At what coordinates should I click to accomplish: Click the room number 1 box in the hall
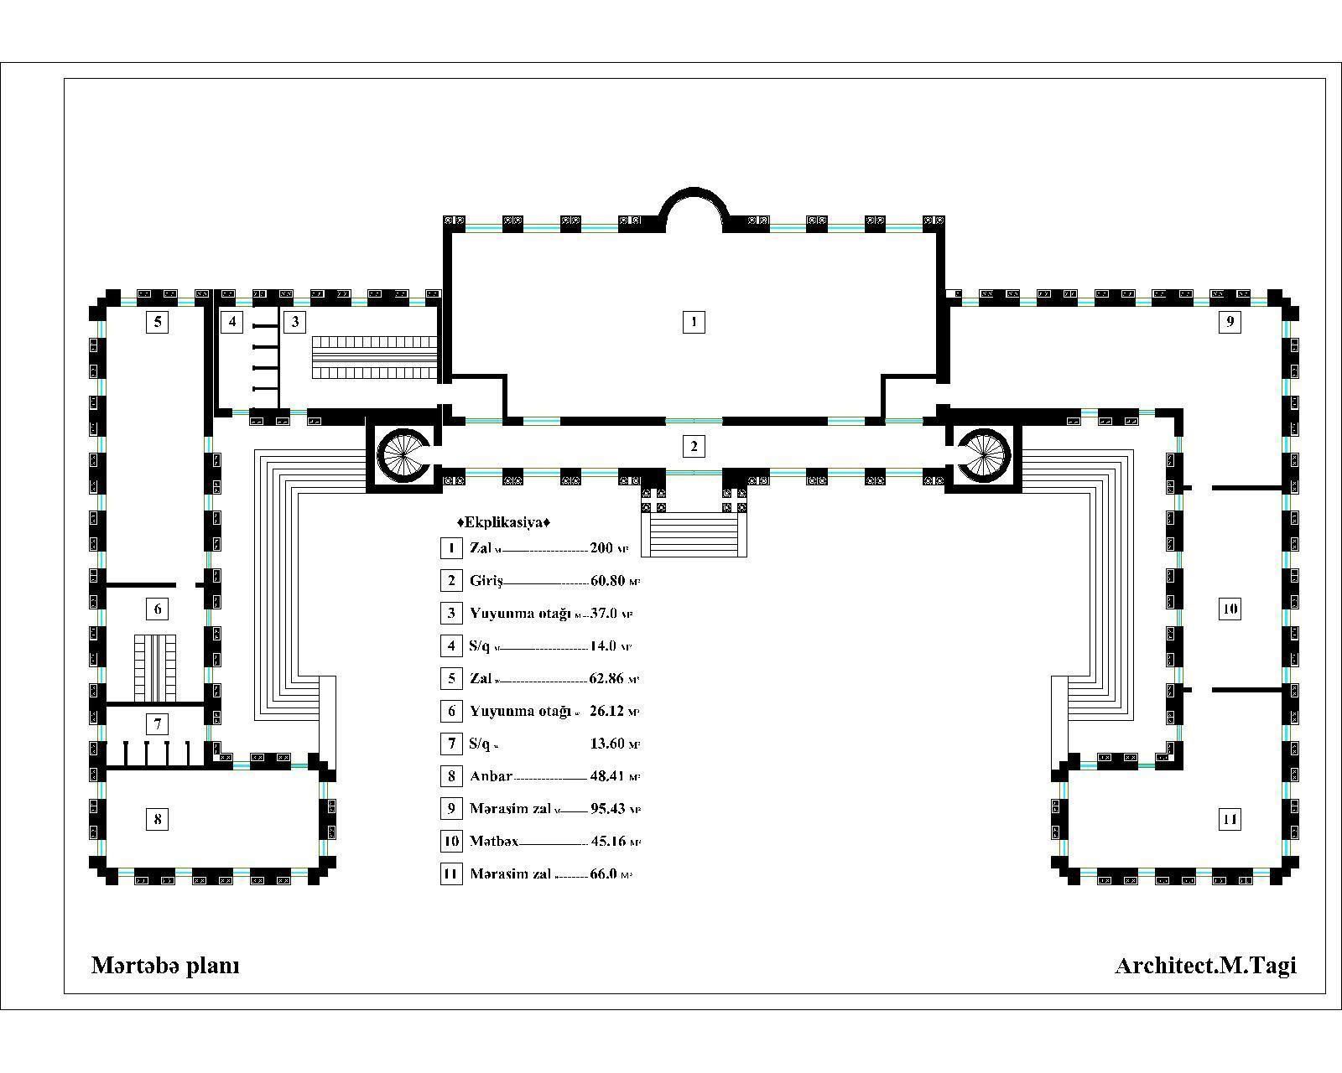point(694,321)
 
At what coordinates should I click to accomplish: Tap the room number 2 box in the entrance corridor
point(694,446)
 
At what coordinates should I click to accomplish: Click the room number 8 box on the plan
point(158,819)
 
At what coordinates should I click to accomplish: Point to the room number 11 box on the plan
point(1230,819)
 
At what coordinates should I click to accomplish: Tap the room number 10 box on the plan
point(1230,609)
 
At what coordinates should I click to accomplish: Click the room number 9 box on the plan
point(1230,321)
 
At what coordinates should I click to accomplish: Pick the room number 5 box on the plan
point(158,321)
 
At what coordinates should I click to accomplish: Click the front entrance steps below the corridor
point(694,534)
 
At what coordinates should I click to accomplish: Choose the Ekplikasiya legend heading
point(503,522)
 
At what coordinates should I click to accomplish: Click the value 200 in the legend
point(601,548)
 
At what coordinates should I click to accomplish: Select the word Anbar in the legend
point(491,776)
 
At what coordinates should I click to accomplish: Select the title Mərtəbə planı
point(165,966)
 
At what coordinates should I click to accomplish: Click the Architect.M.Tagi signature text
point(1205,966)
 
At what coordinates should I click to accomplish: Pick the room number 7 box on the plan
point(158,723)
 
